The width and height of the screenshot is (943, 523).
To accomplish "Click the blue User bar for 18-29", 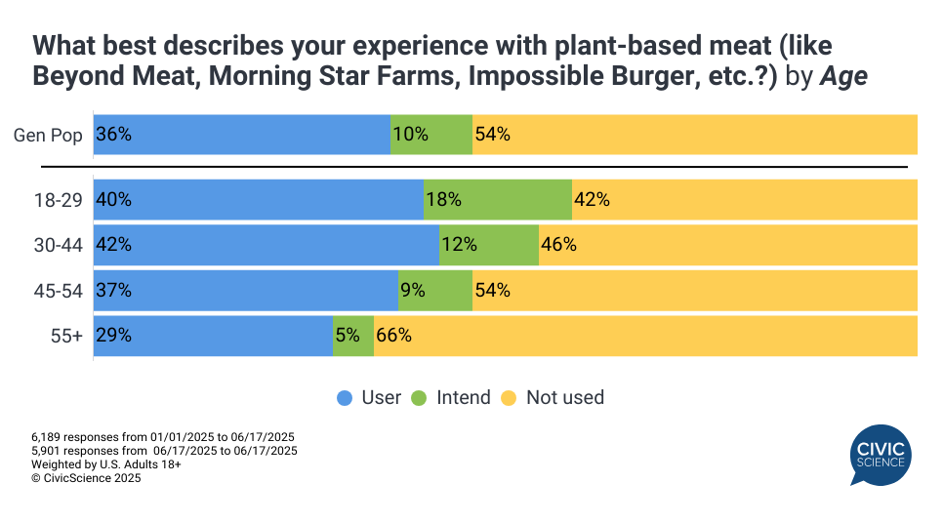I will (x=259, y=199).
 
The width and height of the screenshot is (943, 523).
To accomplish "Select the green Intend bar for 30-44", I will (x=489, y=245).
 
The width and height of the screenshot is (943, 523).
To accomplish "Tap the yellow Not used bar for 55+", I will (x=645, y=336).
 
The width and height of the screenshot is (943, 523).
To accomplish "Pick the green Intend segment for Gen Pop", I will (x=430, y=135).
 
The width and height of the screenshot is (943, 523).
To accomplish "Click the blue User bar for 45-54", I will (x=246, y=290).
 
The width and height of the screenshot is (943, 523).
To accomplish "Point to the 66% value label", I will (x=394, y=336).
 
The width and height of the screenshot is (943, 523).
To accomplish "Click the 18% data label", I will (x=443, y=199).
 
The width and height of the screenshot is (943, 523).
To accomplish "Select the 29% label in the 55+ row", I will (x=113, y=336).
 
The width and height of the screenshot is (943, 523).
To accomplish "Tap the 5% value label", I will (x=347, y=336).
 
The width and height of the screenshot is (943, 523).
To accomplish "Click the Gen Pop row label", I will (x=48, y=136).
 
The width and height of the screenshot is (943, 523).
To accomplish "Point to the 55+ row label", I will (x=67, y=336).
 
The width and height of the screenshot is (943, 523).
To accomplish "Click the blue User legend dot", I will (x=345, y=398).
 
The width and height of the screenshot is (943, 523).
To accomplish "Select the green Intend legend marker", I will (x=419, y=398).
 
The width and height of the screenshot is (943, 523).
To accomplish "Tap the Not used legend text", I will (x=564, y=398).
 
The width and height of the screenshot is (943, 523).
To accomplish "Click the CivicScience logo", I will (x=880, y=455).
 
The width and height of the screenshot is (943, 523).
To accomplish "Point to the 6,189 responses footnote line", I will (x=163, y=436).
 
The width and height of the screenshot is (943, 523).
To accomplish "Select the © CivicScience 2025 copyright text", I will (x=86, y=478).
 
